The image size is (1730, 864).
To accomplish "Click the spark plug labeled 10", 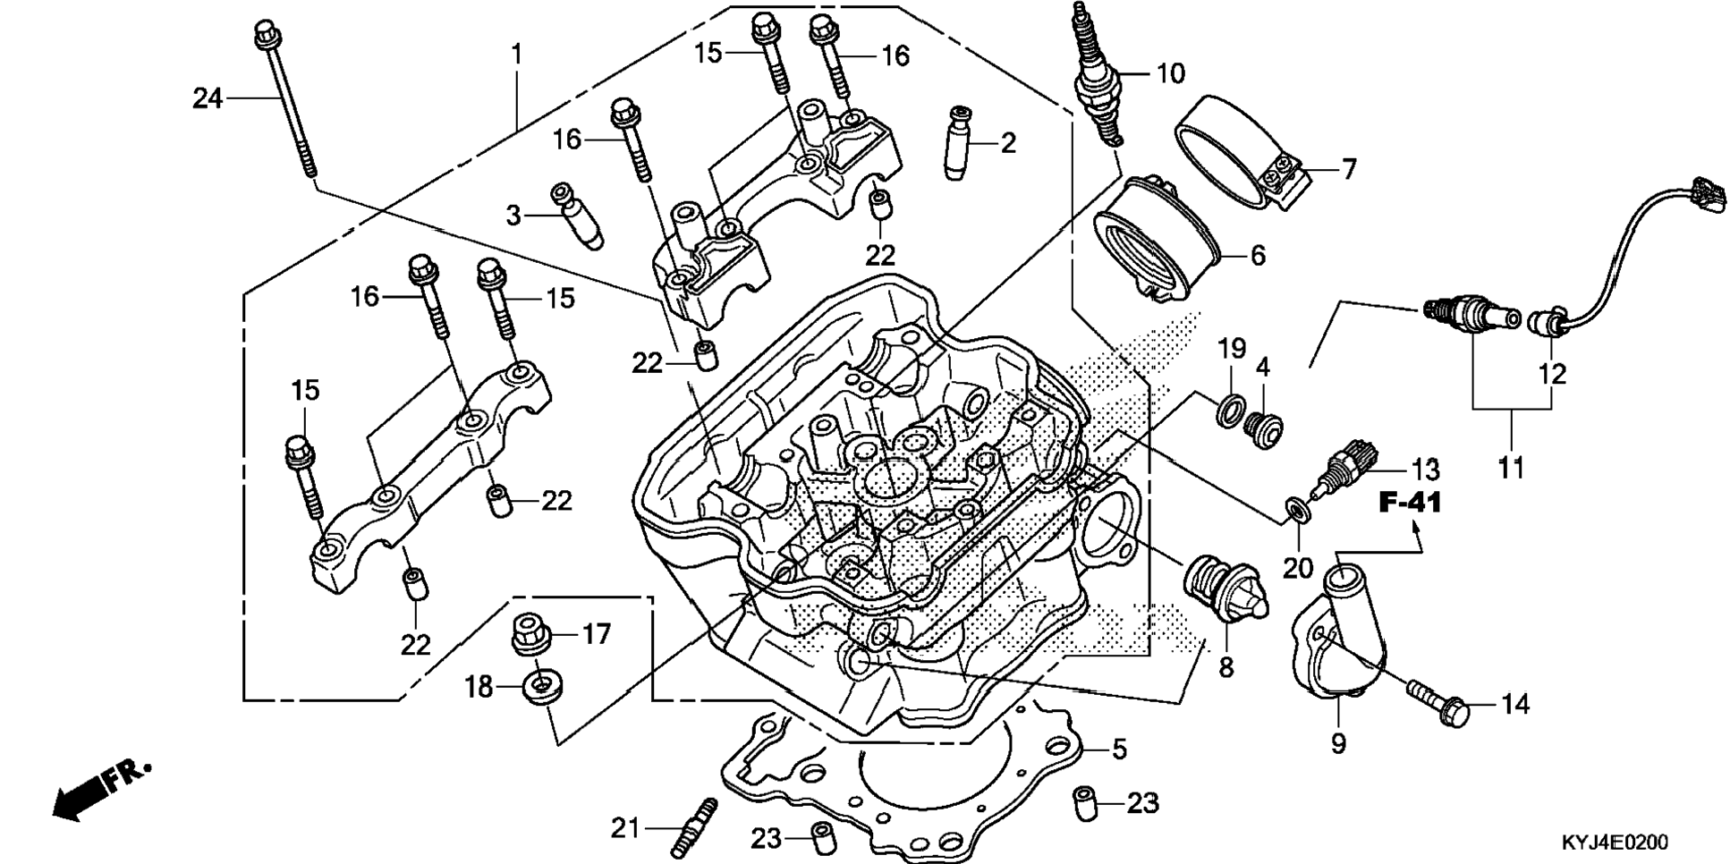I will coord(1096,76).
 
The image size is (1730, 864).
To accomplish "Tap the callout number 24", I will coord(208,97).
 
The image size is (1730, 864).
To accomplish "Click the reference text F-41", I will coord(1410,503).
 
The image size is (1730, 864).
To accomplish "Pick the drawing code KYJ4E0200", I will coord(1614,843).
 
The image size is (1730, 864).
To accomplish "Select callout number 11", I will coord(1511,467).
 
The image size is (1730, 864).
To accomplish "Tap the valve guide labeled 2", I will coord(958,142).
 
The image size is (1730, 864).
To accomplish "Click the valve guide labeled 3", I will coord(577,215).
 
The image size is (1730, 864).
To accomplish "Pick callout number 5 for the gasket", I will coord(1119,750).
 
